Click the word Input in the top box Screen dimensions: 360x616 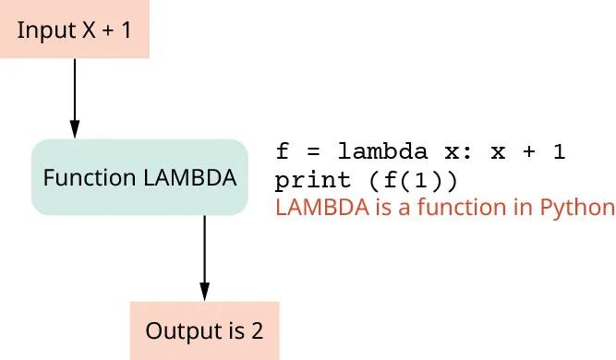click(x=40, y=30)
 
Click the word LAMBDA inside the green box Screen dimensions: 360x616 click(x=190, y=178)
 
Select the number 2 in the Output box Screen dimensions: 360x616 click(x=257, y=330)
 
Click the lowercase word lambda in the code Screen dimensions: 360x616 click(x=382, y=151)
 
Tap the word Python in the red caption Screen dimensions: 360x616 click(x=581, y=207)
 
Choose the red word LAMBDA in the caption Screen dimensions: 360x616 click(x=315, y=207)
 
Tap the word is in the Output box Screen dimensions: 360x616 click(x=230, y=330)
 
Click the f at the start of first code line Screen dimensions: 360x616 click(x=283, y=151)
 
